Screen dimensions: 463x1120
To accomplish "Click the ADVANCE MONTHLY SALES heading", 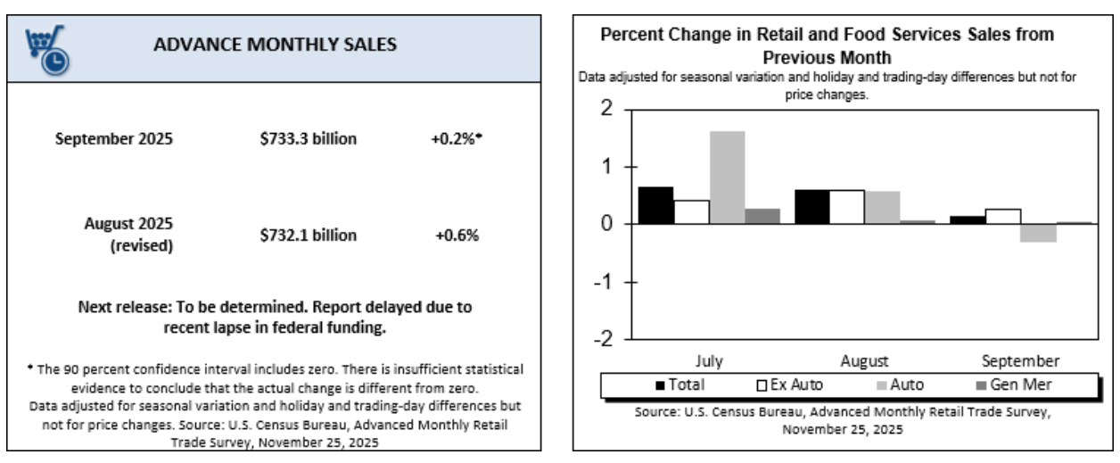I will coord(275,44).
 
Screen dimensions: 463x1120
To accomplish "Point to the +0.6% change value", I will coord(457,235).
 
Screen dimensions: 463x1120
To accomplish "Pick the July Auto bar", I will coord(727,178).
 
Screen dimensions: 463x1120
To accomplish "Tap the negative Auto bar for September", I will coord(1039,233).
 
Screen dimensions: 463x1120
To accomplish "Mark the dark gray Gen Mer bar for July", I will coord(762,216).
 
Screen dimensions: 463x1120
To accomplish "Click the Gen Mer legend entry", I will coord(1023,384).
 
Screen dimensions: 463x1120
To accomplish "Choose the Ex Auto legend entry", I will coord(790,384).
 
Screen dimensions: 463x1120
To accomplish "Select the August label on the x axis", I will coord(864,361).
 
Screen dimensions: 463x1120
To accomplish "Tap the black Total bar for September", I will coord(968,219).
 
